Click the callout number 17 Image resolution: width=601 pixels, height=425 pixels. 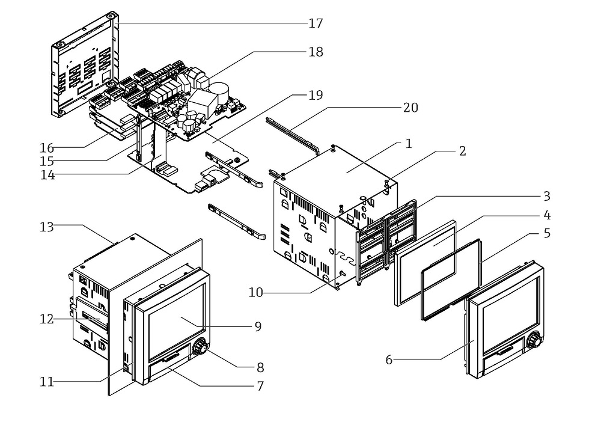(x=316, y=23)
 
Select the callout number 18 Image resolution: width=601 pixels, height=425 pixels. (x=316, y=52)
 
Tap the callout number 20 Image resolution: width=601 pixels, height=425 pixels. (x=411, y=108)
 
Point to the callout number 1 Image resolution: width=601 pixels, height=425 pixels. (x=409, y=144)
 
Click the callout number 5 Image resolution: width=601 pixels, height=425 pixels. (x=546, y=233)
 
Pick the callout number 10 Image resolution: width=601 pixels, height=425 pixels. (x=257, y=292)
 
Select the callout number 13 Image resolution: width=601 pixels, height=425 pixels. (x=47, y=227)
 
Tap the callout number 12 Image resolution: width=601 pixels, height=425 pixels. (x=47, y=319)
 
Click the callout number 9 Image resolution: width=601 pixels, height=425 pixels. (x=258, y=326)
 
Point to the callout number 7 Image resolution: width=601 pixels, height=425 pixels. (x=260, y=386)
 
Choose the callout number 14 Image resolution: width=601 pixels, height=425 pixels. (x=47, y=176)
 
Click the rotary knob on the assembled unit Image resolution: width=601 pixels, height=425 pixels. (x=200, y=347)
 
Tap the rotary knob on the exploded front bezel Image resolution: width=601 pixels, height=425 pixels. (x=533, y=341)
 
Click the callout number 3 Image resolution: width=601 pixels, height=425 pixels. (x=546, y=196)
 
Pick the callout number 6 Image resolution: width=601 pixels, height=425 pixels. (x=389, y=359)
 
